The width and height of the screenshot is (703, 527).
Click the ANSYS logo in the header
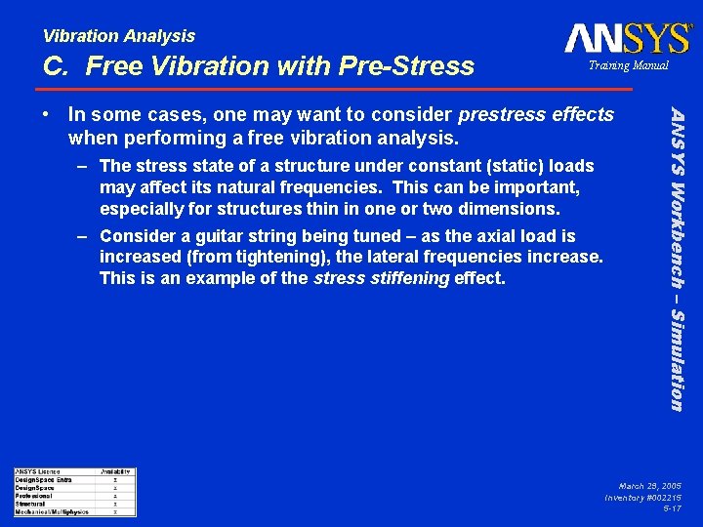(628, 38)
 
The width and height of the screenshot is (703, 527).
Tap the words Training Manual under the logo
(628, 65)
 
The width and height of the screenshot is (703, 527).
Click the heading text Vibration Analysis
(119, 36)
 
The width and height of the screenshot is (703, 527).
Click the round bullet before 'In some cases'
(55, 116)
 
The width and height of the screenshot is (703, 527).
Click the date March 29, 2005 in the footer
(649, 485)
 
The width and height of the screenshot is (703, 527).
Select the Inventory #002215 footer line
(643, 497)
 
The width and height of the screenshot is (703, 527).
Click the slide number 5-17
(672, 508)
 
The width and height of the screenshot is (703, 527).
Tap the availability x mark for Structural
(115, 504)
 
